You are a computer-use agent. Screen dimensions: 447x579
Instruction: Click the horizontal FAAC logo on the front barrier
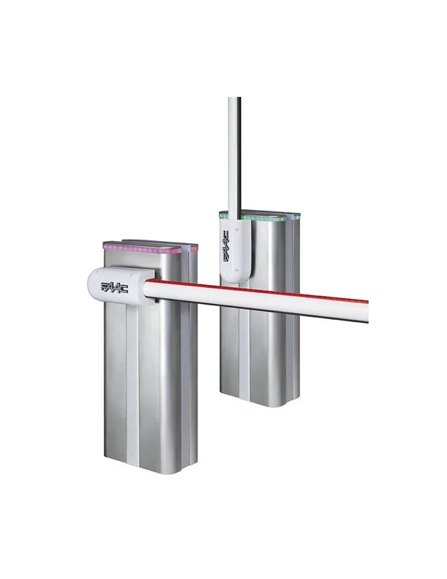point(114,287)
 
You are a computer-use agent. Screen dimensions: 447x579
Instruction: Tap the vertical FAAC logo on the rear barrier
point(226,246)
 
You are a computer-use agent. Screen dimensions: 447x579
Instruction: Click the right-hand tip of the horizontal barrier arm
point(367,312)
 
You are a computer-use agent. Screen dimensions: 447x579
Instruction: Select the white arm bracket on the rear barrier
point(235,250)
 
